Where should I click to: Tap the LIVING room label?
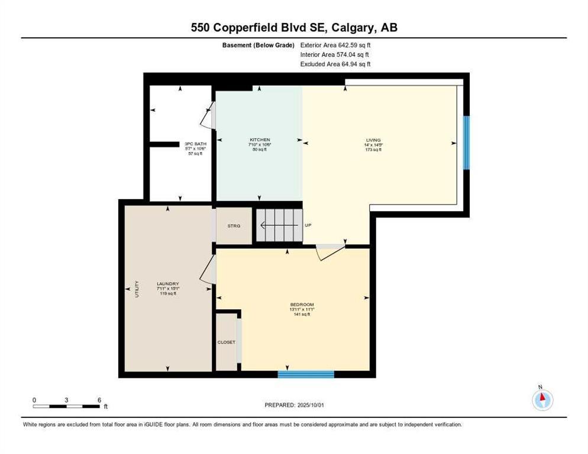(x=373, y=140)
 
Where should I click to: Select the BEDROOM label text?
(x=302, y=304)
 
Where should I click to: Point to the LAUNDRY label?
(x=167, y=284)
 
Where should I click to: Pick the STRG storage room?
(x=234, y=225)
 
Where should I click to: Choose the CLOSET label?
(x=226, y=342)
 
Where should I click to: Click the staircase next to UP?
(x=279, y=225)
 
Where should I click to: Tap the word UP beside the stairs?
(x=308, y=225)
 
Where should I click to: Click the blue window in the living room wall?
(x=466, y=142)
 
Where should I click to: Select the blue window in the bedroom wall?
(x=306, y=374)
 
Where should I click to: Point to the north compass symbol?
(x=542, y=400)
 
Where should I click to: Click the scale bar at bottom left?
(x=66, y=406)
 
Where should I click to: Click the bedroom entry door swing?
(x=330, y=252)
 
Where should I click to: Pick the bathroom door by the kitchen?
(x=207, y=118)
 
